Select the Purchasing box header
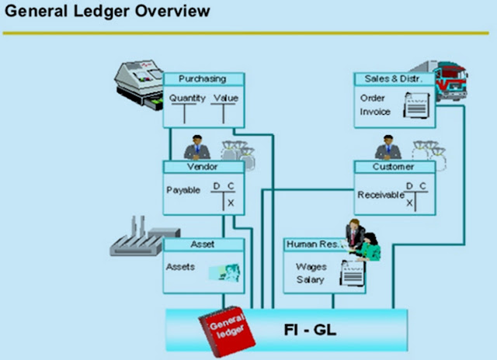click(x=203, y=79)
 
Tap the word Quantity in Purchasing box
click(x=187, y=99)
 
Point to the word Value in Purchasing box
click(x=227, y=99)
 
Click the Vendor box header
click(x=203, y=167)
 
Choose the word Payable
click(x=183, y=190)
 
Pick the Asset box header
click(x=203, y=244)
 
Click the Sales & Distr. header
click(x=394, y=79)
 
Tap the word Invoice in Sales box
click(x=375, y=112)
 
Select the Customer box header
click(x=394, y=167)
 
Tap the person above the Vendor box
click(x=193, y=147)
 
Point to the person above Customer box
click(x=384, y=147)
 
